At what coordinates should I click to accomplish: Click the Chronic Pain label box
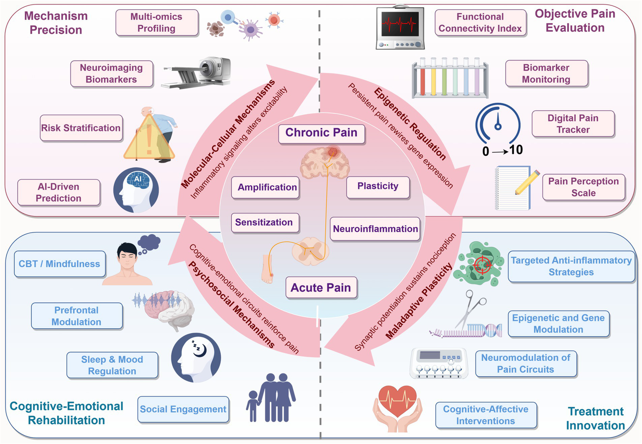pyautogui.click(x=321, y=133)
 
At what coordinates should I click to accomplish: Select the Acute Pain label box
pyautogui.click(x=321, y=288)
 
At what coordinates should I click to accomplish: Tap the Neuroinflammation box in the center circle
pyautogui.click(x=375, y=229)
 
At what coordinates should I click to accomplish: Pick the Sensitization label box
pyautogui.click(x=264, y=222)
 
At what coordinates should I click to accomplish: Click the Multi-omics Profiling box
pyautogui.click(x=156, y=23)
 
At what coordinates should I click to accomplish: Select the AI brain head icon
pyautogui.click(x=136, y=190)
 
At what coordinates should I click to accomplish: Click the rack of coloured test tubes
pyautogui.click(x=450, y=78)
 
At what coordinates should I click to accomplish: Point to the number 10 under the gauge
pyautogui.click(x=516, y=150)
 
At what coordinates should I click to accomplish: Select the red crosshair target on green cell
pyautogui.click(x=481, y=265)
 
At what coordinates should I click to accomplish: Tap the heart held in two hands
pyautogui.click(x=397, y=408)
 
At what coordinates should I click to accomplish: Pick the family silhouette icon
pyautogui.click(x=271, y=397)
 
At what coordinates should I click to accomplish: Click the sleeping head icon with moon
pyautogui.click(x=196, y=357)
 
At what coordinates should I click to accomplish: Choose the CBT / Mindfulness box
pyautogui.click(x=59, y=264)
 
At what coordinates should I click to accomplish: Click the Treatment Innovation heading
pyautogui.click(x=595, y=418)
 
